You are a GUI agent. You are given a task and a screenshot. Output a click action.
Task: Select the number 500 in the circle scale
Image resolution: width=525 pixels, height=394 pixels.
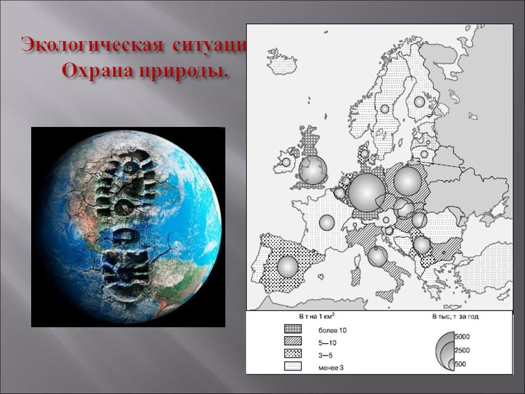click(x=460, y=364)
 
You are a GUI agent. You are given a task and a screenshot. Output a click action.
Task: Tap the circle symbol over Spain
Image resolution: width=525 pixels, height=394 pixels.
click(x=288, y=266)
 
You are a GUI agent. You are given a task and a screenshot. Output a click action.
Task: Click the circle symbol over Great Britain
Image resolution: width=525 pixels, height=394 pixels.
click(x=313, y=170)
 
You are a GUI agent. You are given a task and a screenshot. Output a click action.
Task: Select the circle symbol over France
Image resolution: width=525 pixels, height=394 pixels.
click(x=326, y=222)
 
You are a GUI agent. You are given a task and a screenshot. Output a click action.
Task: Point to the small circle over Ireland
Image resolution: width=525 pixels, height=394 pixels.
click(x=285, y=162)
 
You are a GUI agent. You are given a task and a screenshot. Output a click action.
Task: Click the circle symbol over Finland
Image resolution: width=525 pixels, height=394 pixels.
click(x=419, y=101)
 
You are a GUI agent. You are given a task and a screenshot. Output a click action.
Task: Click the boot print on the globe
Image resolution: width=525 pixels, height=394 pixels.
click(x=126, y=219)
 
